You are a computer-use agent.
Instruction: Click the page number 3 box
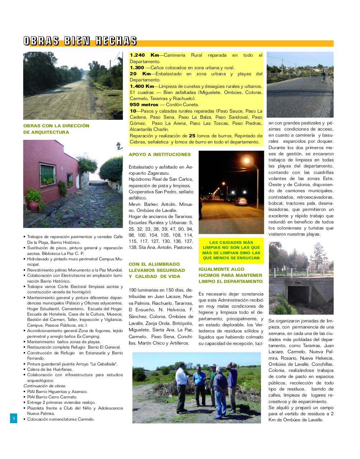tap(13, 418)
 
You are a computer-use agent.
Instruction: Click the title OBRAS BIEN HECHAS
tap(80, 41)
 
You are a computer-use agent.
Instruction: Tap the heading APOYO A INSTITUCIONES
tap(160, 155)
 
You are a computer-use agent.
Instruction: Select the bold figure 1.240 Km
tap(144, 55)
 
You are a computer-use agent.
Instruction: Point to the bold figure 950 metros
tap(144, 105)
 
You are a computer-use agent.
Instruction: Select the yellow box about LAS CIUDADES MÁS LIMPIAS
tap(231, 250)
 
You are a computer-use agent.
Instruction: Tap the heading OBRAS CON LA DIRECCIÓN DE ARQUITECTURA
tap(56, 129)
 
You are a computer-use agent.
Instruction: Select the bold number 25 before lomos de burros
tap(192, 136)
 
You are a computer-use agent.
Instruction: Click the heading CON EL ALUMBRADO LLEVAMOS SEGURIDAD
tap(157, 270)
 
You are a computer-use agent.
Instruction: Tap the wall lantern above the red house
tap(118, 146)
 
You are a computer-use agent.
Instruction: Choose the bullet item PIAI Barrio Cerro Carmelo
tap(52, 397)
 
